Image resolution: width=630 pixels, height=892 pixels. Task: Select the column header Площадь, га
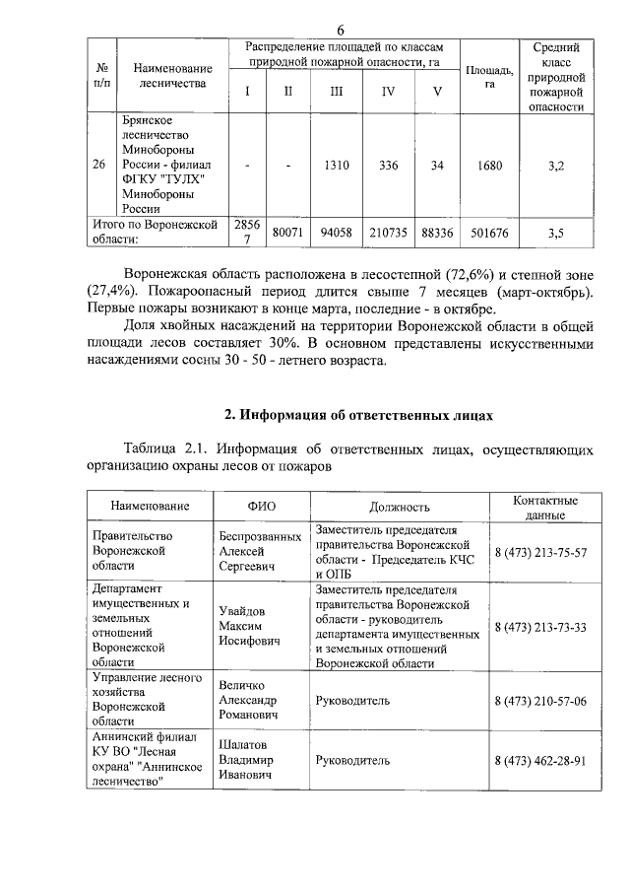click(x=489, y=76)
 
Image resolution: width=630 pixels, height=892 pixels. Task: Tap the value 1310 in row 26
click(x=337, y=166)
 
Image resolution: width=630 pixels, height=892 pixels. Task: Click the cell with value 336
click(x=389, y=166)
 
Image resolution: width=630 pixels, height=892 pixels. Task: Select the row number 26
click(x=99, y=166)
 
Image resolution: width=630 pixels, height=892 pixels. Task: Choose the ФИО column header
click(x=261, y=507)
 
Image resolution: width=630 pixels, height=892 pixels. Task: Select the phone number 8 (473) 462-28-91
click(x=539, y=761)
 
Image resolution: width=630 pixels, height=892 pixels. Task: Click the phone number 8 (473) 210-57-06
click(x=539, y=700)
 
